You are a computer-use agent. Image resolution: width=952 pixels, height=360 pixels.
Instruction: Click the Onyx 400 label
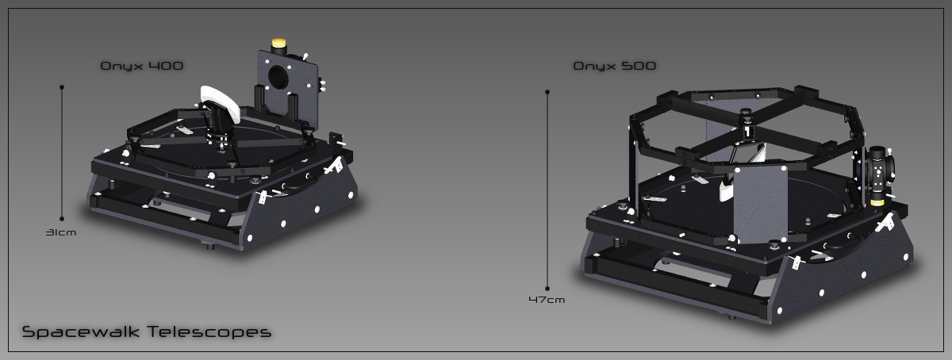[142, 66]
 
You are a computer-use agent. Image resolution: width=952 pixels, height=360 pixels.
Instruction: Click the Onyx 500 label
[615, 66]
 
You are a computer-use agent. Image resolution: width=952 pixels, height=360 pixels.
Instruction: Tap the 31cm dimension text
[61, 232]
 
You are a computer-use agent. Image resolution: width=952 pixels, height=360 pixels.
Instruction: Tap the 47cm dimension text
[547, 300]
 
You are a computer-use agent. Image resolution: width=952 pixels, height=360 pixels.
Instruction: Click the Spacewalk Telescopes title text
[147, 331]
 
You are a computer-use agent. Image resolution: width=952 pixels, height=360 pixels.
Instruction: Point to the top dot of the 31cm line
[62, 87]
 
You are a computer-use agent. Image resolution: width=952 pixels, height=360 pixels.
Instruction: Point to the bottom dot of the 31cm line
[62, 219]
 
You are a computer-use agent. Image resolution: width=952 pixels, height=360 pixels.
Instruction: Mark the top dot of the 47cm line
[547, 92]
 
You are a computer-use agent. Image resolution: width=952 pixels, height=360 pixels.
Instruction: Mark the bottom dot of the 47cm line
[547, 289]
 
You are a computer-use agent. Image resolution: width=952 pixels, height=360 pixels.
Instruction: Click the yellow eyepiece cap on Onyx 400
[278, 43]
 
